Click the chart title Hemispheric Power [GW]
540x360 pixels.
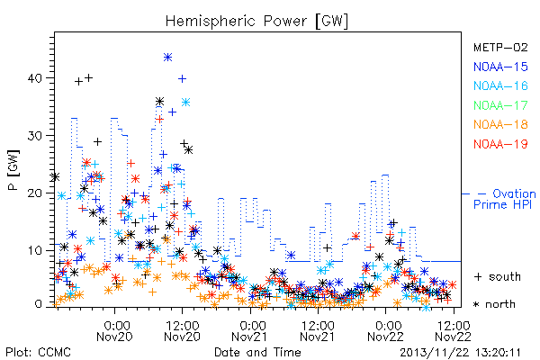coord(256,22)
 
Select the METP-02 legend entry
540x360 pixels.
coord(500,47)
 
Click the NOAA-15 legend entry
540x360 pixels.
coord(500,67)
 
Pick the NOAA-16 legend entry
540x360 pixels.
coord(500,85)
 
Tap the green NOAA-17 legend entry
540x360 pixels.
coord(500,105)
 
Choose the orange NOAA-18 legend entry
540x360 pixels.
coord(500,124)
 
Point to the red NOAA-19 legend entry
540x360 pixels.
coord(500,144)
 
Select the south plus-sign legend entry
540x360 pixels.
coord(498,276)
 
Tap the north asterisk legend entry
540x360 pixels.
coord(494,304)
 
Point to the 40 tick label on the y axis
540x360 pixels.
coord(35,78)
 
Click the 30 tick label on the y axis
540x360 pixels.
coord(35,136)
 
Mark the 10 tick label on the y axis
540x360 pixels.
coord(35,250)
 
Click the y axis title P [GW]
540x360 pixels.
coord(14,170)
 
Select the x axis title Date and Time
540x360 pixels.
coord(257,353)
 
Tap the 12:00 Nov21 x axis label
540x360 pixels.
coord(318,331)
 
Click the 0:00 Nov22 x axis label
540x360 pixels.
coord(385,331)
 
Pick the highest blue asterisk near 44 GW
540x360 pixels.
coord(167,58)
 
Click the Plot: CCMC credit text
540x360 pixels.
coord(38,353)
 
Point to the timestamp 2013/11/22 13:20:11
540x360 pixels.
coord(460,353)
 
